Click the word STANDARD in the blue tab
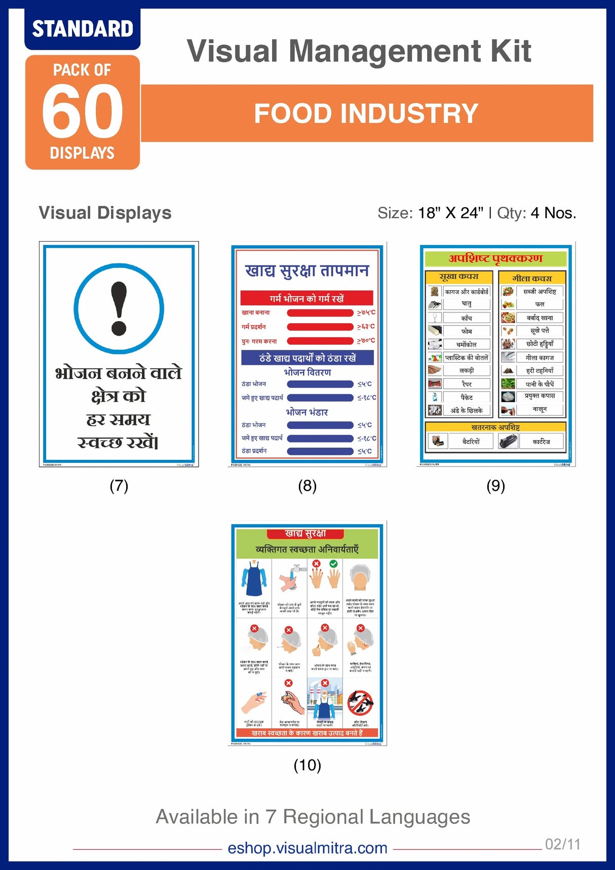pyautogui.click(x=83, y=29)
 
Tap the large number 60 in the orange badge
pyautogui.click(x=82, y=111)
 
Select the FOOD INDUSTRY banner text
pyautogui.click(x=366, y=113)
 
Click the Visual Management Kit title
pyautogui.click(x=359, y=51)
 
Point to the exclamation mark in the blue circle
pyautogui.click(x=119, y=308)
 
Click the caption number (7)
pyautogui.click(x=119, y=486)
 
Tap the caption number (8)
pyautogui.click(x=307, y=486)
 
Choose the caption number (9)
pyautogui.click(x=495, y=486)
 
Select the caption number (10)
pyautogui.click(x=307, y=765)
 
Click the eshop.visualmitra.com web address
pyautogui.click(x=307, y=848)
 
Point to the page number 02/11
pyautogui.click(x=562, y=844)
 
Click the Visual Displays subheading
pyautogui.click(x=105, y=213)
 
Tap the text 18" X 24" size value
pyautogui.click(x=450, y=213)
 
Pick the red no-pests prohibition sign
pyautogui.click(x=360, y=703)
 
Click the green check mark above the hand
pyautogui.click(x=333, y=564)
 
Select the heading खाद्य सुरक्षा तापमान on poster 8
pyautogui.click(x=307, y=271)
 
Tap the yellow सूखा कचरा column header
pyautogui.click(x=458, y=277)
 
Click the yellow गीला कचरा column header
pyautogui.click(x=532, y=278)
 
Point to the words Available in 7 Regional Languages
pyautogui.click(x=313, y=817)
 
